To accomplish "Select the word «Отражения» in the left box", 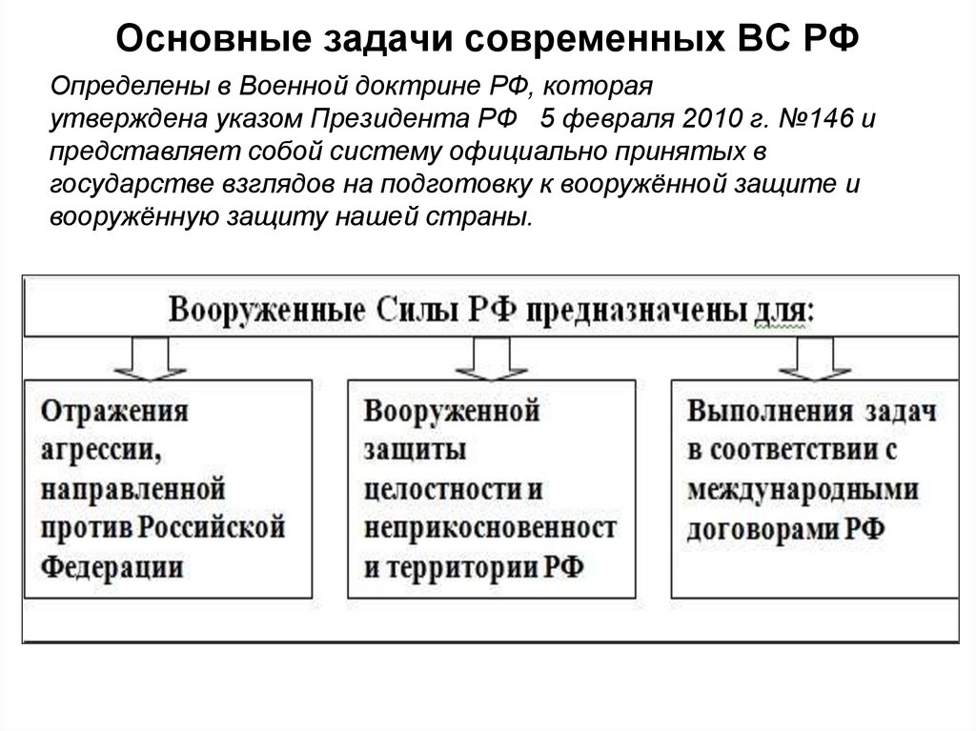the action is pos(113,413).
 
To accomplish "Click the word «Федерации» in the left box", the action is pos(112,566).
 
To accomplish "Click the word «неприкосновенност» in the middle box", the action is pos(489,529).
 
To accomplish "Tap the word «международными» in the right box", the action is pos(803,490).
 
